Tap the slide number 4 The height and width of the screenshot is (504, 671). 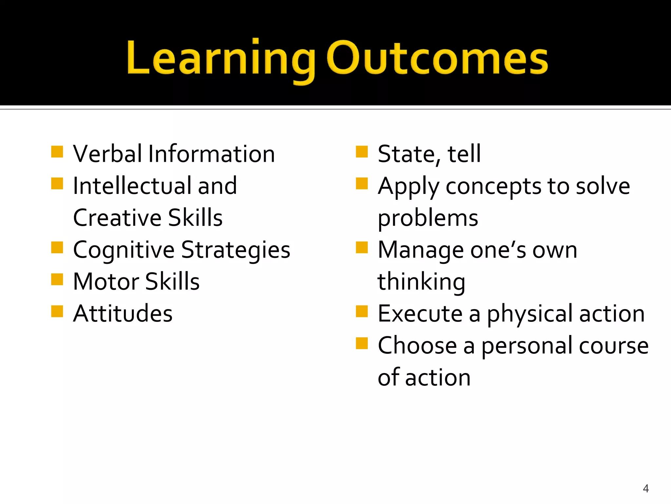click(x=645, y=489)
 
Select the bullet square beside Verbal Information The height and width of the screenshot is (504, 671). click(x=57, y=152)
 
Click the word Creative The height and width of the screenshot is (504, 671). click(x=117, y=218)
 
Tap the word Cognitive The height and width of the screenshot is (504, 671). click(x=124, y=250)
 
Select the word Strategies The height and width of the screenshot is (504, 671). click(x=236, y=250)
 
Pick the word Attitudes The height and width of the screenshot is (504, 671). click(x=123, y=313)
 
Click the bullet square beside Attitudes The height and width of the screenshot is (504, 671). click(x=57, y=311)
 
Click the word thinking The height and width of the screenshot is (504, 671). click(x=421, y=282)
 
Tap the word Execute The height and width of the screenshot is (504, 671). click(x=420, y=313)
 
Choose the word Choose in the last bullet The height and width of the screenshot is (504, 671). click(x=417, y=346)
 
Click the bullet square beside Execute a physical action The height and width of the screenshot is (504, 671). click(x=362, y=311)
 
